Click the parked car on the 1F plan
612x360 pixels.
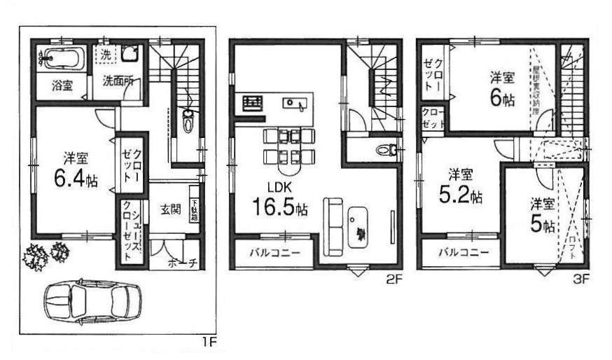point(90,302)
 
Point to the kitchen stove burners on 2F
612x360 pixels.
point(253,104)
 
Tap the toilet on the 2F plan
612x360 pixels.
point(385,149)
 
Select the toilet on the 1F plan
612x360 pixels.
point(188,120)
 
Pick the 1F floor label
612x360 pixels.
point(207,342)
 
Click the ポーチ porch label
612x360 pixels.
point(183,263)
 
